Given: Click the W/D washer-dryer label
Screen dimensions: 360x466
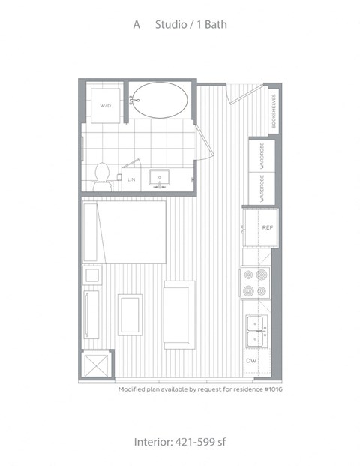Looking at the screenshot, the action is coord(106,106).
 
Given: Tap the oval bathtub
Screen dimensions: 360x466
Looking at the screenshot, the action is coord(160,100).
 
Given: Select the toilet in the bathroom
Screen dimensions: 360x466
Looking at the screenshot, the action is coord(102,177).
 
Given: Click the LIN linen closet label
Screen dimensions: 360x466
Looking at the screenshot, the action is coord(131,179).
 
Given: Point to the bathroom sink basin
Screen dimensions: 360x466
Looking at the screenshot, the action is coord(160,177).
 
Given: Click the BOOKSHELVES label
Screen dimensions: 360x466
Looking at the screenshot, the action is coord(274,111).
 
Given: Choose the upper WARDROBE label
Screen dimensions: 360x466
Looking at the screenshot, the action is coord(262,156).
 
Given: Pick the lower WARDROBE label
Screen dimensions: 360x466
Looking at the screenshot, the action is coord(262,188).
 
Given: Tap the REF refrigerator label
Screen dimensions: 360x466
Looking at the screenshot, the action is coord(267,227).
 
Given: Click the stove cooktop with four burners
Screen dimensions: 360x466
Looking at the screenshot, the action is coord(256,283).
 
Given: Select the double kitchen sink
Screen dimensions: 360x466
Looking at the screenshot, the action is coord(256,332).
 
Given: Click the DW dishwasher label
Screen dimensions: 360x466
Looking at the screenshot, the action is coord(251,361).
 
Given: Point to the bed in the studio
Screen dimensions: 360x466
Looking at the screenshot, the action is coord(124,232).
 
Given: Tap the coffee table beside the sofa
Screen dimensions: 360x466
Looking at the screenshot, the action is coord(130,315).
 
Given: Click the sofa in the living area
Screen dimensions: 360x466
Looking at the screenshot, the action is coord(179,315).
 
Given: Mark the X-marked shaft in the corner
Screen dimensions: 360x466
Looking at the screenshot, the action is coord(96,366).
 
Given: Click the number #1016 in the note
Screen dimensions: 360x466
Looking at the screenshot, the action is coord(273,389).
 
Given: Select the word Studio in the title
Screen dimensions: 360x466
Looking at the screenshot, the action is coord(171,24).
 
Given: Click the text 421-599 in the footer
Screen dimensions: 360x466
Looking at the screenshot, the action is coord(195,442).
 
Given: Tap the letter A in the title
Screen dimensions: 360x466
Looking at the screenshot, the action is coord(136,24).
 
